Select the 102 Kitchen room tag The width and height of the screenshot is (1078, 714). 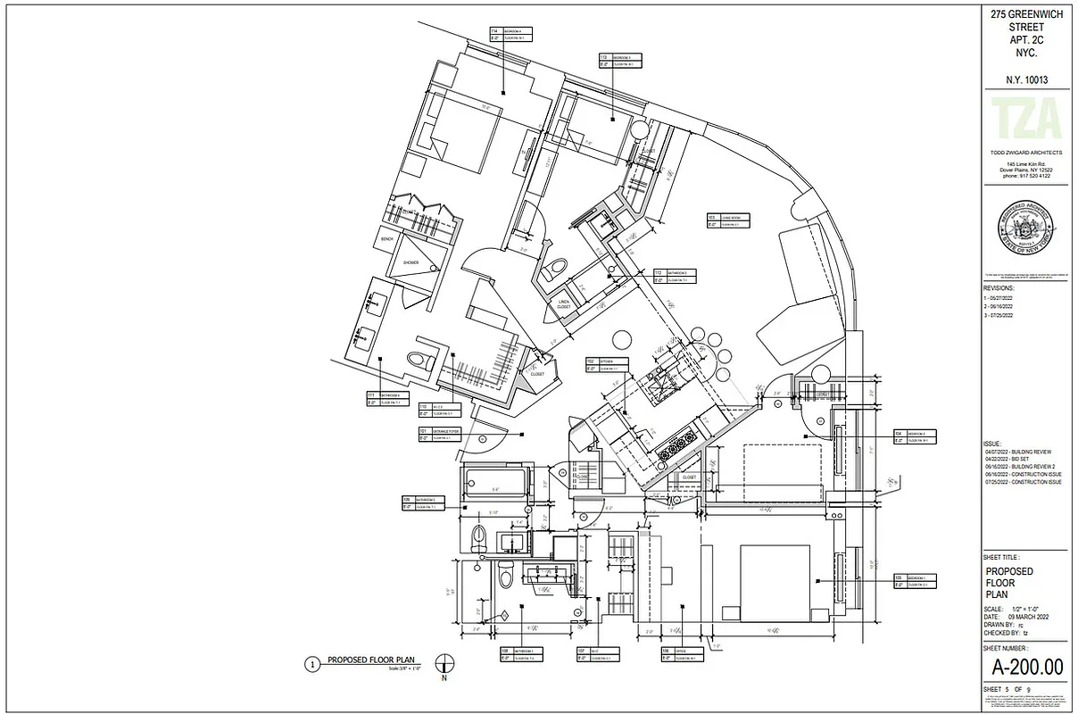point(608,364)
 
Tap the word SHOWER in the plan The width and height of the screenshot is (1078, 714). point(410,262)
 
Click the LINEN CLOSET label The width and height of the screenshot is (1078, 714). point(563,305)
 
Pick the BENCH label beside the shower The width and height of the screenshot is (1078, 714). point(386,239)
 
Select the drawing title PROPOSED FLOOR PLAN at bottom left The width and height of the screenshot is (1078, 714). point(369,660)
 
